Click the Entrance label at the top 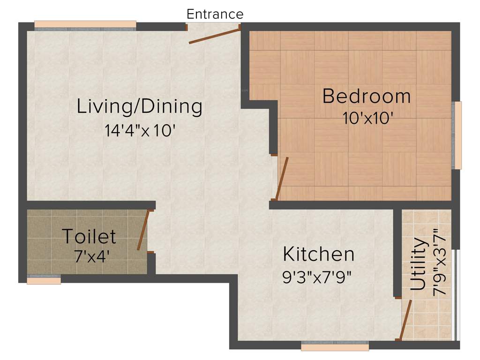[x=215, y=14]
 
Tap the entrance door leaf [x=215, y=36]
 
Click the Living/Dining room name [x=139, y=106]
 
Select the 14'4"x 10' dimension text [x=140, y=130]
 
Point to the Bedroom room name [x=367, y=96]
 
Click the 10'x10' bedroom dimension [x=367, y=118]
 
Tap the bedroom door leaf [x=282, y=178]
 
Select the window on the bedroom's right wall [x=457, y=135]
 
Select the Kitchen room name [x=318, y=254]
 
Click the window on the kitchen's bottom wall [x=335, y=346]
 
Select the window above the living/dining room [x=85, y=25]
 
